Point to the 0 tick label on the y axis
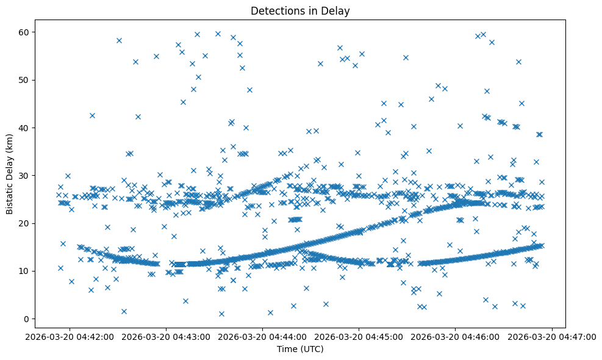[26, 319]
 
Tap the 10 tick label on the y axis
[24, 271]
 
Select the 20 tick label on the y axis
[24, 223]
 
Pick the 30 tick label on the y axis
[24, 176]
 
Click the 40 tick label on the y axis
[24, 128]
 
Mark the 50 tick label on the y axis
[24, 80]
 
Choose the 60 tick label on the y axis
[24, 32]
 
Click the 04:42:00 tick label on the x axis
[70, 336]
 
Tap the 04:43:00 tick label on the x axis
[166, 336]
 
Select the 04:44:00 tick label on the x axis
[263, 336]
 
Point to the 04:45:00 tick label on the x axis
[359, 336]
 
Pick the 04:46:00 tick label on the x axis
[456, 336]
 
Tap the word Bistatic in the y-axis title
[10, 194]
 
